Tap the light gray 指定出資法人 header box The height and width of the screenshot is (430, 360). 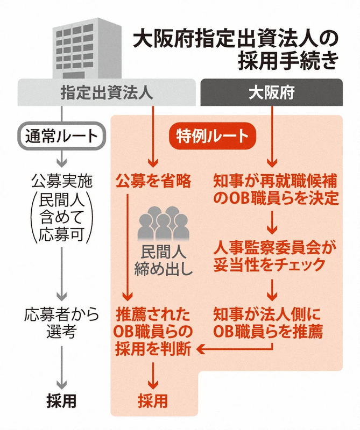[x=105, y=92]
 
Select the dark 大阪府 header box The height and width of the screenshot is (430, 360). [x=271, y=92]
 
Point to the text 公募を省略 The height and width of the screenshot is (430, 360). [x=153, y=181]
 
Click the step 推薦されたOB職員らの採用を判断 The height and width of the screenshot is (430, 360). [x=153, y=331]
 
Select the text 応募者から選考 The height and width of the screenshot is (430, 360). [x=60, y=322]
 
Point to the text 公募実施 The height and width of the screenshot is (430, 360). [x=61, y=181]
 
